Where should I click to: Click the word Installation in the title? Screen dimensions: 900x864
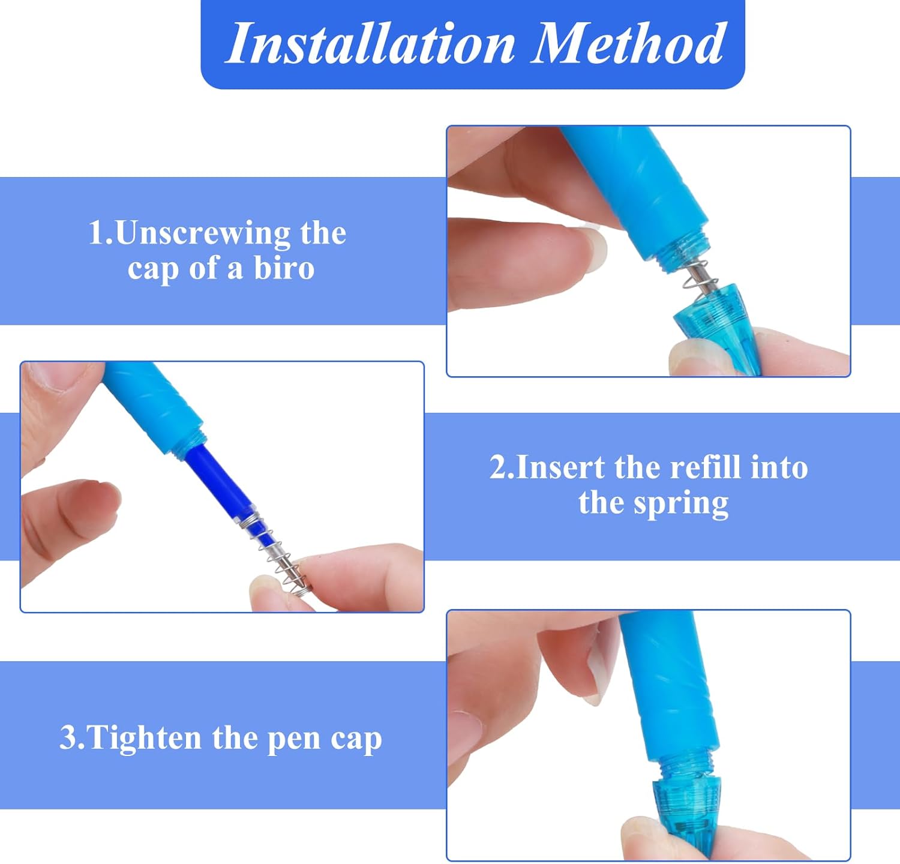click(x=370, y=43)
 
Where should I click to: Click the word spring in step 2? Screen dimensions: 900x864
click(x=682, y=503)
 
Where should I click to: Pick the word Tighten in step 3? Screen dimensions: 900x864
click(x=143, y=737)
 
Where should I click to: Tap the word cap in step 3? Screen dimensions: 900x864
click(x=356, y=740)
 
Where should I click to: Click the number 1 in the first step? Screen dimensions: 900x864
click(x=96, y=233)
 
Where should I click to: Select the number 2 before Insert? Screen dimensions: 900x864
click(x=497, y=467)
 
